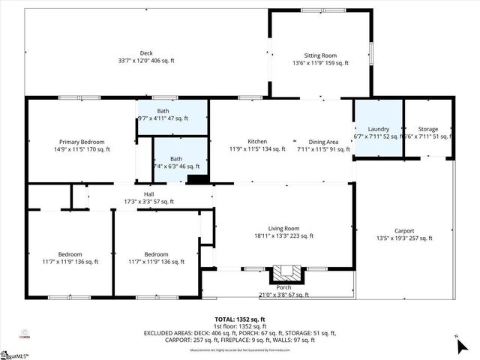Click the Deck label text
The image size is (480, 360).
[125, 53]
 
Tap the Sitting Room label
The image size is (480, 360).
[320, 55]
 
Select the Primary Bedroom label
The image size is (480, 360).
[82, 142]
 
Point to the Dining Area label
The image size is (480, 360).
[323, 142]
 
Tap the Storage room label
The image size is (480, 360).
[428, 129]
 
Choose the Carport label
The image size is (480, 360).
[404, 230]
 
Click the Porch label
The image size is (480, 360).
[284, 287]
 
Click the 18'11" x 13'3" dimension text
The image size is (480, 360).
[284, 235]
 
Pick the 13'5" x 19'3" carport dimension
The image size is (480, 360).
[404, 238]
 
